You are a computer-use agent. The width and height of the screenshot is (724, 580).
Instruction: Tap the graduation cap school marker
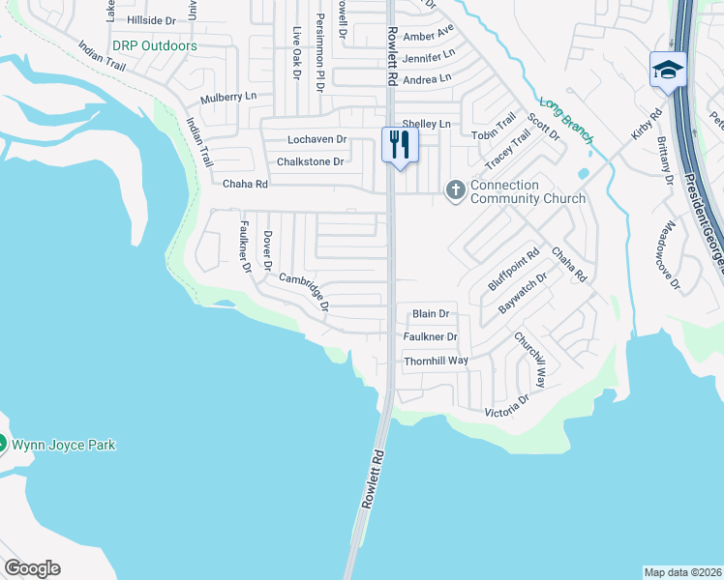pos(669,70)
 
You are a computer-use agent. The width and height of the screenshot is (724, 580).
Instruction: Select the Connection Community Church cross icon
pos(455,190)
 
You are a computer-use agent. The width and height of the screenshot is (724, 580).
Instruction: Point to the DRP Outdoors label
pos(154,45)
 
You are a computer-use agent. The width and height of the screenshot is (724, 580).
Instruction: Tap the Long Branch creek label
pos(566,121)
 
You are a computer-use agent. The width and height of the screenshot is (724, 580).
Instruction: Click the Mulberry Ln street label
pos(228,98)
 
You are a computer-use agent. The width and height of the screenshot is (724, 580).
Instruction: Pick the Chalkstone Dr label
pos(312,161)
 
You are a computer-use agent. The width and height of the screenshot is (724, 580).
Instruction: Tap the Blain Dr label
pos(431,313)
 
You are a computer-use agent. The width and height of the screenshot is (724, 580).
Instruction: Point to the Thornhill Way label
pos(436,360)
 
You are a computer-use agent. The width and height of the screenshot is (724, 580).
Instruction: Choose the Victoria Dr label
pos(507,406)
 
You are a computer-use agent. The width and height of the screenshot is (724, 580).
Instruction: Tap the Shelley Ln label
pos(427,124)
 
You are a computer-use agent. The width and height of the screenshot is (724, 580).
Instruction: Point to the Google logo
pos(32,568)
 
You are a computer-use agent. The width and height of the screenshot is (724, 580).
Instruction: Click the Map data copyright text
pos(682,572)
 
